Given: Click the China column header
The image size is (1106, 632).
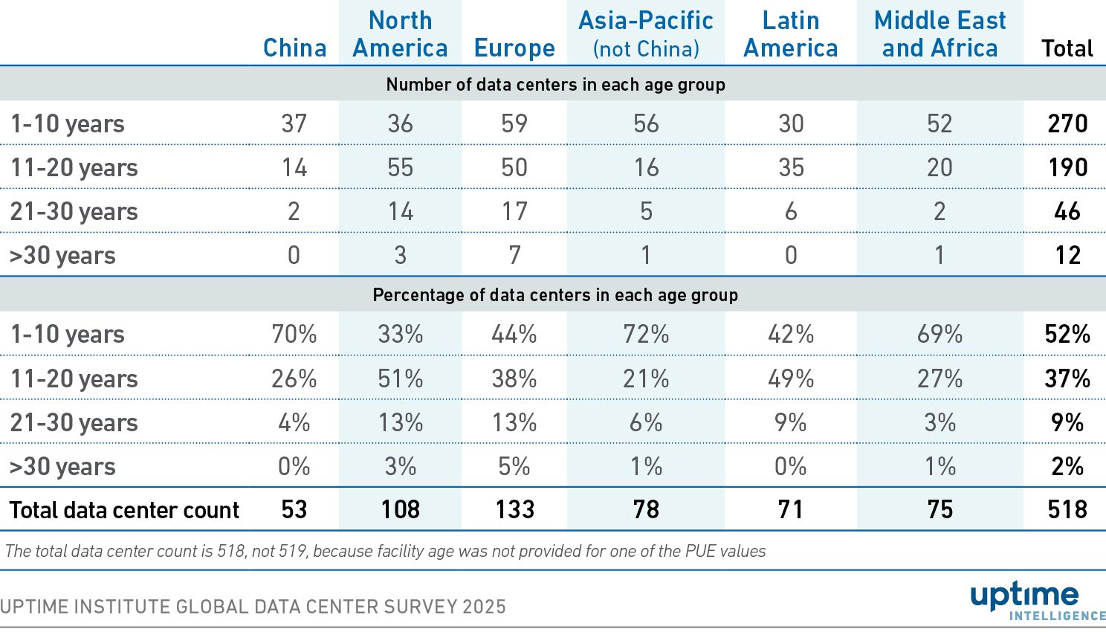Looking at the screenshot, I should (294, 48).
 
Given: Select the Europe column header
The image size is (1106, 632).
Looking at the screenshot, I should (514, 48).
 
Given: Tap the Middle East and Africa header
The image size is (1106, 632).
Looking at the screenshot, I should (940, 34).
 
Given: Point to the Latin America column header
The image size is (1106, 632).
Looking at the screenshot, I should (791, 34).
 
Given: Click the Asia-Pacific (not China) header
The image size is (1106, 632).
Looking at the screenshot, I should (646, 34).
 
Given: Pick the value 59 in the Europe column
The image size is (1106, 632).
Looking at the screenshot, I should (514, 123).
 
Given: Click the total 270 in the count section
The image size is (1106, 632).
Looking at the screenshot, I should (1067, 123).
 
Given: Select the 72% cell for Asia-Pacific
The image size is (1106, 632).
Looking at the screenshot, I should (646, 335).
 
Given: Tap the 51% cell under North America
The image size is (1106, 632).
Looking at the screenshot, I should (400, 378).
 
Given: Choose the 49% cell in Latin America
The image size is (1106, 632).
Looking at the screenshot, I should (791, 378).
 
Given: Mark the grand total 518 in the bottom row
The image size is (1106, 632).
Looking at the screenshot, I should (1067, 509).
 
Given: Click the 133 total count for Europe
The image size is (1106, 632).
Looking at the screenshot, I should (514, 509).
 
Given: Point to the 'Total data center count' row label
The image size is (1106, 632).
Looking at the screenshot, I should (124, 510).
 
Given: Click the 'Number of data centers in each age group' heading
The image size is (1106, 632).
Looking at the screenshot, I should (555, 85).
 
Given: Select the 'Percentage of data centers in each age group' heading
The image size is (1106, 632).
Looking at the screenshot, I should (555, 295).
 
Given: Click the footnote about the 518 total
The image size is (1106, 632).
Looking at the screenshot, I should (385, 551).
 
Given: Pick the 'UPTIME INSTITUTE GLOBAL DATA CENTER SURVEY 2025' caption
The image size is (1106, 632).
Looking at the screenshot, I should (253, 607).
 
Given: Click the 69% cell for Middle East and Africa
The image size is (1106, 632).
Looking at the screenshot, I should (940, 335).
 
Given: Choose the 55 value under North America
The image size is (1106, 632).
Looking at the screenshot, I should (400, 167).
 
